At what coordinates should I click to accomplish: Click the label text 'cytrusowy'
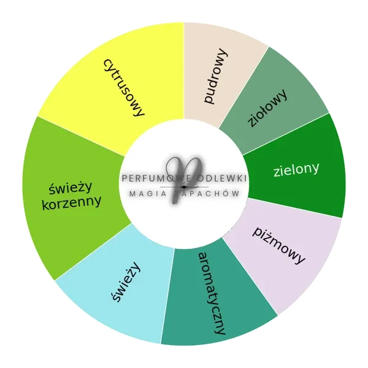[x=124, y=88]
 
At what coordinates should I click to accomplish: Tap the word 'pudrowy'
[x=215, y=76]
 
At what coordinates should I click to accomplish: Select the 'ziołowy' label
[x=267, y=109]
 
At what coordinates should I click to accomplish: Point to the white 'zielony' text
[x=296, y=169]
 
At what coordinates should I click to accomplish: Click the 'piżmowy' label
[x=278, y=245]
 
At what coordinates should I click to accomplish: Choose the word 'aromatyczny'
[x=212, y=293]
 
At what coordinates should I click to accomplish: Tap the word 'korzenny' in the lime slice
[x=72, y=202]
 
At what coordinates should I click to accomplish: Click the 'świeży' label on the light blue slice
[x=126, y=282]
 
